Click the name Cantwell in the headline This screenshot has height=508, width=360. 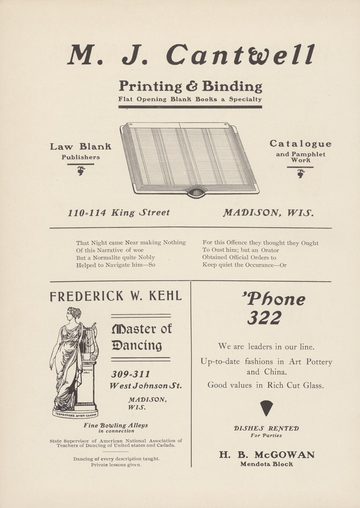click(240, 54)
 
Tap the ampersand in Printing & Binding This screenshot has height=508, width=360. click(191, 86)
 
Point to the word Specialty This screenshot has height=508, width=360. click(245, 99)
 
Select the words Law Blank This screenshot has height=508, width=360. click(80, 147)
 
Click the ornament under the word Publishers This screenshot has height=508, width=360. click(81, 170)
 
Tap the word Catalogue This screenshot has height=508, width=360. click(300, 144)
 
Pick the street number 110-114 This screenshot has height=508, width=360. click(87, 213)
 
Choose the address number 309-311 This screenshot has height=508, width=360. click(131, 374)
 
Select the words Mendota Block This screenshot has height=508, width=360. click(267, 464)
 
